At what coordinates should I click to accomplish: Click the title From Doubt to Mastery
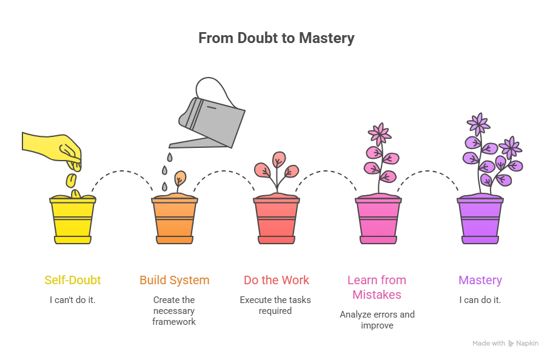point(276,38)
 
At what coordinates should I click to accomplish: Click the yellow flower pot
point(73,221)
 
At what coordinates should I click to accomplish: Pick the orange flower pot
point(175,221)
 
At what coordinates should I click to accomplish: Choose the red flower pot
point(276,221)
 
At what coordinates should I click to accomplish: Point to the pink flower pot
point(378,221)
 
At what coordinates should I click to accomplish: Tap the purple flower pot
point(480,221)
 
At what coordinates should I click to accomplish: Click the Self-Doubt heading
point(73,280)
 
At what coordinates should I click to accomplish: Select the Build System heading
point(175,280)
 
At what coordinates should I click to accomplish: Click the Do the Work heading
point(276,280)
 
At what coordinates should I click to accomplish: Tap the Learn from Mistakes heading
point(377,287)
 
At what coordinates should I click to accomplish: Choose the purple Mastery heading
point(480,280)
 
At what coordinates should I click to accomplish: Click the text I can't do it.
point(73,300)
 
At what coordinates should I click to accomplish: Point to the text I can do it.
point(480,300)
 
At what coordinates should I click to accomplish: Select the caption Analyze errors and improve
point(377,320)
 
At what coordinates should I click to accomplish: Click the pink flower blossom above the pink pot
point(380,133)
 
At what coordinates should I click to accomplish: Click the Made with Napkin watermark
point(505,343)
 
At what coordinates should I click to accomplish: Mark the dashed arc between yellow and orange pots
point(124,172)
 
